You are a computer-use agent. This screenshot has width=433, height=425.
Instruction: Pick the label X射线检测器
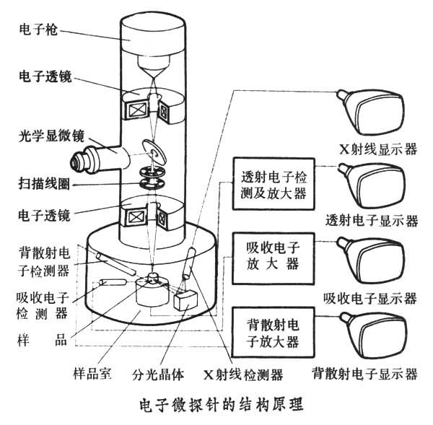[242, 374]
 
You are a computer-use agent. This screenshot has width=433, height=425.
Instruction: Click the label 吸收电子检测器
[43, 304]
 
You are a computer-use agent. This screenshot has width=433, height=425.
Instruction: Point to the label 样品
[43, 339]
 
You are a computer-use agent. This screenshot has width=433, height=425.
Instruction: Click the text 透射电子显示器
[372, 220]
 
